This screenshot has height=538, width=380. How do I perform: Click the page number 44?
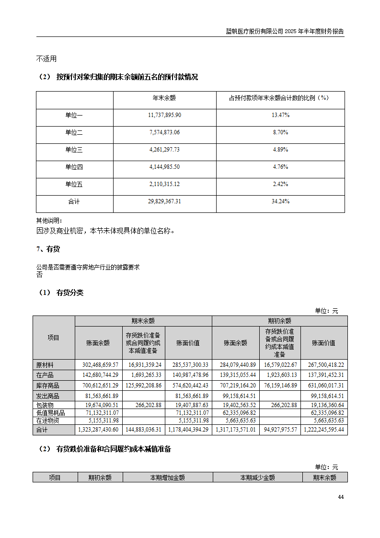341,497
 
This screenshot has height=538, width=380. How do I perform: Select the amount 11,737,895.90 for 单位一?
164,115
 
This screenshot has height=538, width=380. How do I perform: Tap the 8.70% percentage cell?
280,132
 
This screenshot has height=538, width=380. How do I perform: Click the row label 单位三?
74,150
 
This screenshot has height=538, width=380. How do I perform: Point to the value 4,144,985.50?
164,167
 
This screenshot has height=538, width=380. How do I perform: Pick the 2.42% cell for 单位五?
280,184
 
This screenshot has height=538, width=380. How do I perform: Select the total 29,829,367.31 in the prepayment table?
164,201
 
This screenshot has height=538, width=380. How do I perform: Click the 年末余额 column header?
164,98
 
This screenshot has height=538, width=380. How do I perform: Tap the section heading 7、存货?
48,249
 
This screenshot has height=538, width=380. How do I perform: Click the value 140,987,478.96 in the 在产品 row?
188,375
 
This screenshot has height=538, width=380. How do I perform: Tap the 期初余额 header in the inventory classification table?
279,321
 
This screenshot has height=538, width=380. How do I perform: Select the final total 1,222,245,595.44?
324,430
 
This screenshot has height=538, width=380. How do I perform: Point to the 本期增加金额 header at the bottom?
167,478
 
